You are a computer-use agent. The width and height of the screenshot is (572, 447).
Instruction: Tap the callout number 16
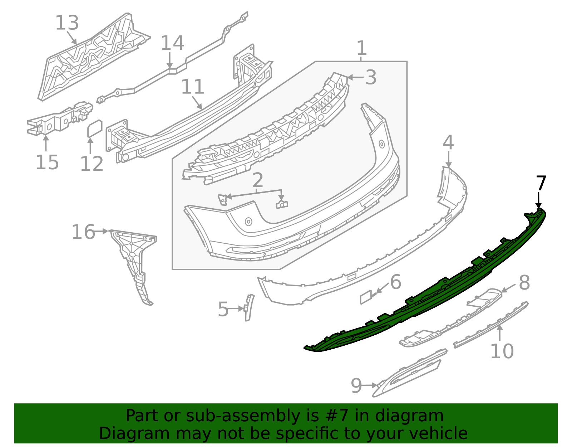pos(83,232)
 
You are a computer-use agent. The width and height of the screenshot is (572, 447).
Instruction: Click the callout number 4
pos(448,143)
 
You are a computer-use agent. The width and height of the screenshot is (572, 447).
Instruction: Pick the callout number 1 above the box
pos(362,48)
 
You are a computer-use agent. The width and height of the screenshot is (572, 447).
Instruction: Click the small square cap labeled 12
pos(95,129)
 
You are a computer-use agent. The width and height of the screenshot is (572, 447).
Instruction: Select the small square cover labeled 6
pos(366,297)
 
